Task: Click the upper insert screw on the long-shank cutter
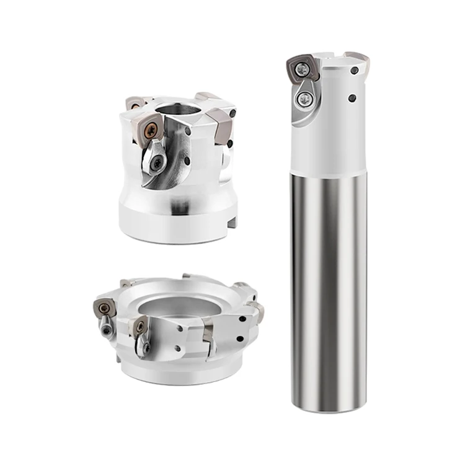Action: pos(303,73)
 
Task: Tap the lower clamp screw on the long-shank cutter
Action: pos(304,99)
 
